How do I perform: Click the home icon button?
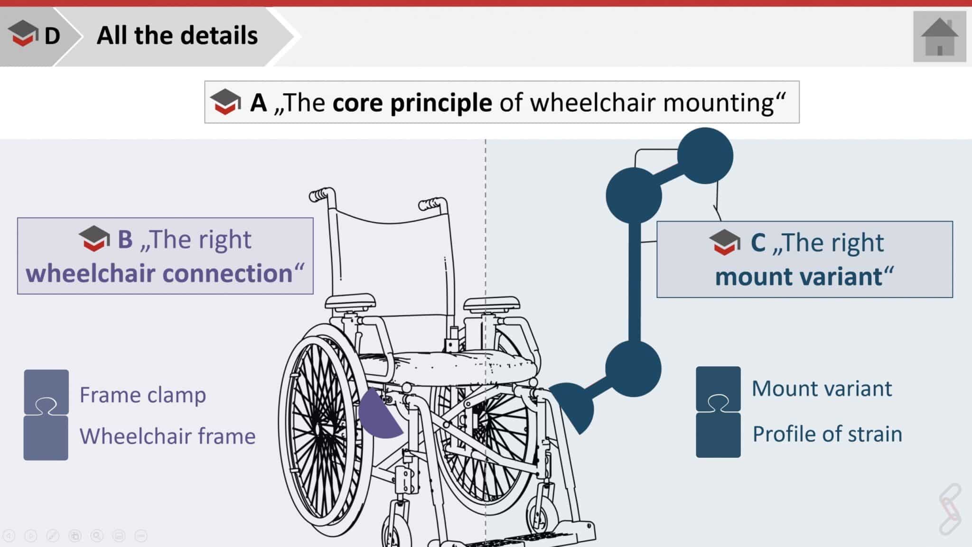(939, 37)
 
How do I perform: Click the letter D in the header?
(52, 36)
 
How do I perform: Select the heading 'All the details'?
(177, 36)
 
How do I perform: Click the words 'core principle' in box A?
(412, 102)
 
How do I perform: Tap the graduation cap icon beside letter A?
(225, 102)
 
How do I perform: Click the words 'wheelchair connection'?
(159, 274)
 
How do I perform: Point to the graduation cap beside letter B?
(94, 238)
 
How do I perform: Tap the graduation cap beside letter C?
(725, 242)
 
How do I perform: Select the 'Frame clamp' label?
(142, 395)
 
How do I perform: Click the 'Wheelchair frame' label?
(168, 436)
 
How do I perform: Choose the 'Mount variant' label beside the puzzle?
(822, 389)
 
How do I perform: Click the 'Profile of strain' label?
(827, 434)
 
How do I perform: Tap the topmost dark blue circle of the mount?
(705, 156)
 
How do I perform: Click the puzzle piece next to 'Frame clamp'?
(46, 392)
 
